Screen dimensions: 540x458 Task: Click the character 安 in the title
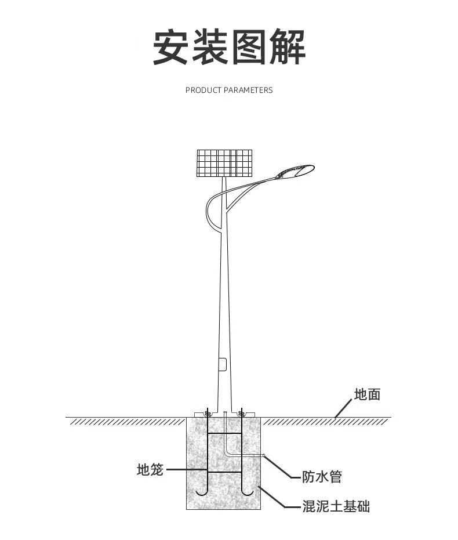point(172,47)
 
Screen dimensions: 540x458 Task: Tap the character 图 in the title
point(249,47)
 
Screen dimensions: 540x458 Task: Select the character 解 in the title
point(286,47)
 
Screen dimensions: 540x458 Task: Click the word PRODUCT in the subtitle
point(203,90)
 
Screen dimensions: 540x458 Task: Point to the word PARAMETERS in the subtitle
point(248,90)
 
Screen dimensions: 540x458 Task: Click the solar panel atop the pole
point(225,163)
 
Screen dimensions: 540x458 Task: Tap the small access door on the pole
point(222,364)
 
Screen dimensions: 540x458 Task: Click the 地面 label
point(367,394)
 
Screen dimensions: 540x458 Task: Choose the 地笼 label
point(150,469)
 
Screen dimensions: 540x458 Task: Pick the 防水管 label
point(322,477)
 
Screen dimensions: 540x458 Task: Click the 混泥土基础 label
point(336,506)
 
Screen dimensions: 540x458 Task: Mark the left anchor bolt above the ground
point(207,412)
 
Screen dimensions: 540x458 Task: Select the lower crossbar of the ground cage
point(224,472)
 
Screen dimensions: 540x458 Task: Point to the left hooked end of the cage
point(202,492)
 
